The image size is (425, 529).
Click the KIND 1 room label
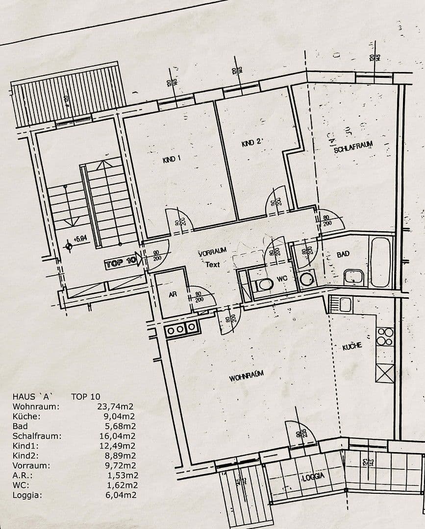tap(172, 159)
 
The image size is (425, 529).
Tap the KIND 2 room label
tap(252, 143)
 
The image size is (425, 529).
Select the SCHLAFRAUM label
tap(353, 146)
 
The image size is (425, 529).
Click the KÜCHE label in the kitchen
tap(352, 346)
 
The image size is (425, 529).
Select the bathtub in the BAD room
tap(380, 263)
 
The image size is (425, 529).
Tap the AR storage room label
tap(173, 294)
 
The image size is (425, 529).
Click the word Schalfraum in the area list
tap(37, 436)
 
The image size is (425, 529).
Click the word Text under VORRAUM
tap(213, 264)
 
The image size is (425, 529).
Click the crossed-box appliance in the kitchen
tap(385, 373)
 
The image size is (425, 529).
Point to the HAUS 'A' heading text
tap(32, 396)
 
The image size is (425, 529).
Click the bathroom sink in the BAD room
tap(353, 277)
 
